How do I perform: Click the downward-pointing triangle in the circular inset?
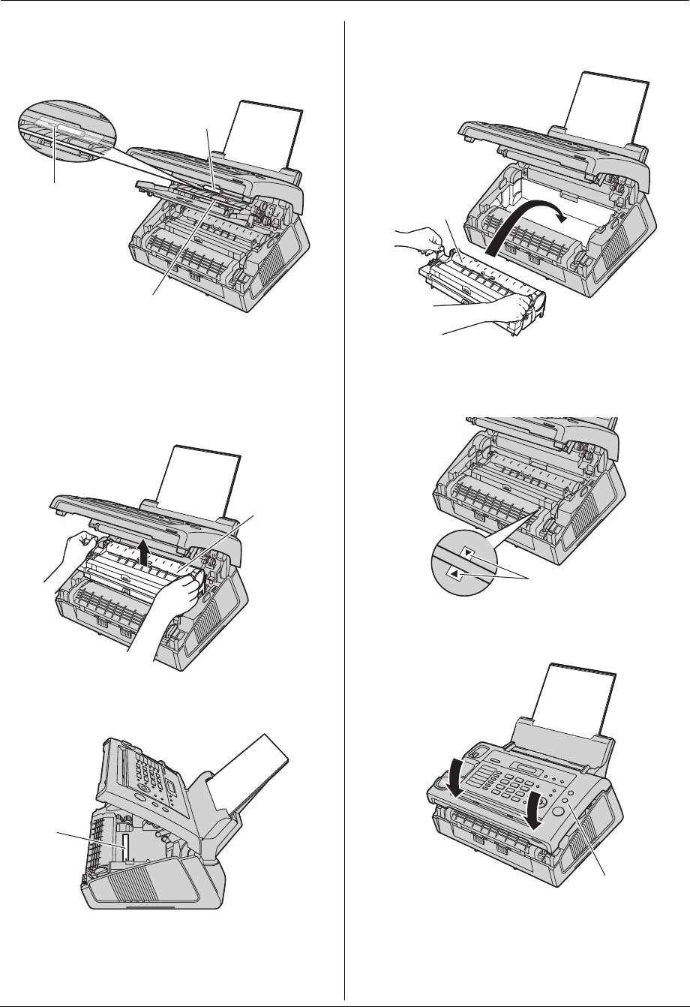pos(468,554)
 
